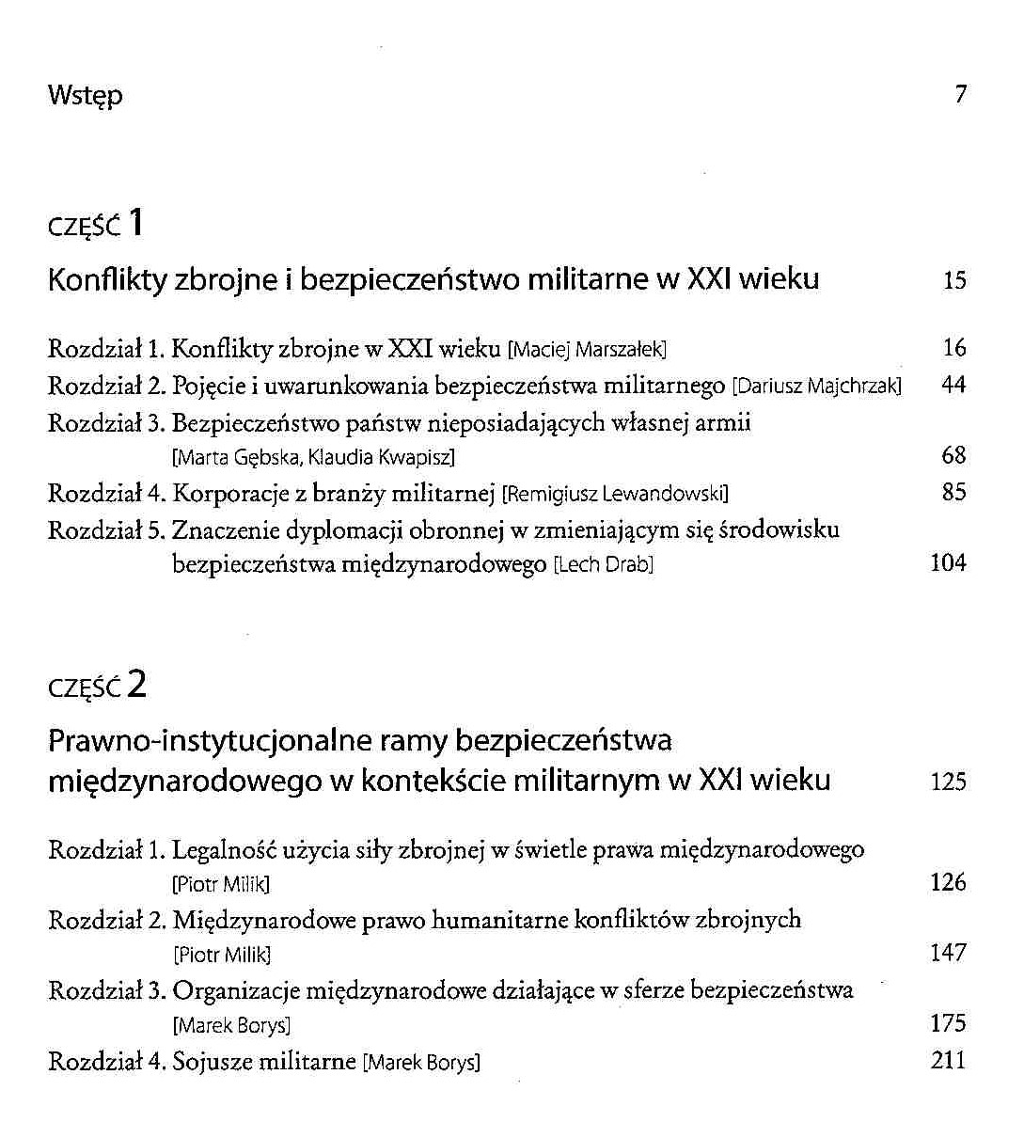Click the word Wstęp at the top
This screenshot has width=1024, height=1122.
coord(85,96)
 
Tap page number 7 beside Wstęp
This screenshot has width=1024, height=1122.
coord(960,94)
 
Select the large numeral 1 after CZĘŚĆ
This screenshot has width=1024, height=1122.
coord(136,223)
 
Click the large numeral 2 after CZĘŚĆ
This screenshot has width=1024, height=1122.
coord(137,684)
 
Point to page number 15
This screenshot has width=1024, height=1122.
coord(954,280)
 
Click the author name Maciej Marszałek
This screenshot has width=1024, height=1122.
coord(588,351)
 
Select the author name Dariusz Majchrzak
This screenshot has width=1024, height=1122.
coord(817,387)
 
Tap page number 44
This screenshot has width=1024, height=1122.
coord(953,385)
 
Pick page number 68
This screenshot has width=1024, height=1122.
coord(953,456)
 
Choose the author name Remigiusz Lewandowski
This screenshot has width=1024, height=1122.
coord(616,494)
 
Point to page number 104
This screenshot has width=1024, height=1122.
coord(948,563)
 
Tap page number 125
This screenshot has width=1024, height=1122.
coord(948,782)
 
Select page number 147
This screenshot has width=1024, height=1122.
coord(948,953)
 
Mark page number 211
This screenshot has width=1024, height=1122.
coord(948,1060)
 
